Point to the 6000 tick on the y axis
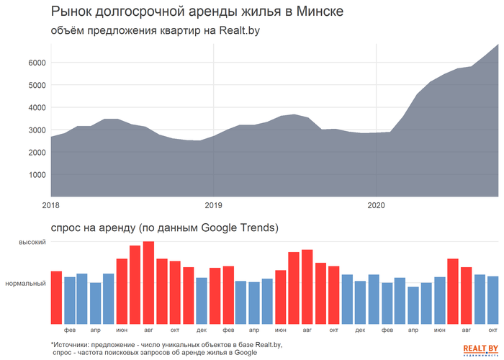pyautogui.click(x=37, y=63)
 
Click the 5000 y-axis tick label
pyautogui.click(x=37, y=85)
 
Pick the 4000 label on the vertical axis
pyautogui.click(x=37, y=107)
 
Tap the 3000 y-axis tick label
pyautogui.click(x=37, y=130)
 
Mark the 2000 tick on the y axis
pyautogui.click(x=37, y=152)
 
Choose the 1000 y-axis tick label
pyautogui.click(x=37, y=174)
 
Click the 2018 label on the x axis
pyautogui.click(x=51, y=205)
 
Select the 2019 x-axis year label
pyautogui.click(x=214, y=205)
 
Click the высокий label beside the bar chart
pyautogui.click(x=33, y=243)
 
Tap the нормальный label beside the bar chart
pyautogui.click(x=26, y=284)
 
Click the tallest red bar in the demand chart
pyautogui.click(x=148, y=282)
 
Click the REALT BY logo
pyautogui.click(x=479, y=349)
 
